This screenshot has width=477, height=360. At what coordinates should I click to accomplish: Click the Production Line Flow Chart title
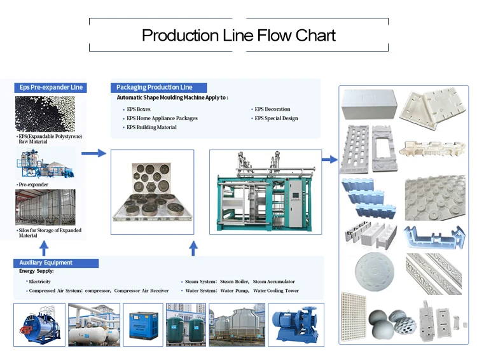pos(238,35)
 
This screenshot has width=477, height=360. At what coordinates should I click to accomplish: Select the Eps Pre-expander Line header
pos(50,87)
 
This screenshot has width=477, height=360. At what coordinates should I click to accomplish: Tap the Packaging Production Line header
pos(158,87)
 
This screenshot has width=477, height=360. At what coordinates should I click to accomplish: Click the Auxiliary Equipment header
pos(56,263)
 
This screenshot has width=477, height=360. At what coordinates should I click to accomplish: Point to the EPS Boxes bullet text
pos(139,109)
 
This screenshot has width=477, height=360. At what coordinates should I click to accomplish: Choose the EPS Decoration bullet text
pos(272,109)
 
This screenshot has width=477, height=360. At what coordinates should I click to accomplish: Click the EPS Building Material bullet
pos(151,127)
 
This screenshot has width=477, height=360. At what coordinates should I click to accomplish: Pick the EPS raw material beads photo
pos(45,114)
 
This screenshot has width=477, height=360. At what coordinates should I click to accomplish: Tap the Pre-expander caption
pos(34,184)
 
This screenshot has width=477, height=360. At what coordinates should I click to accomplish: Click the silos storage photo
pos(45,207)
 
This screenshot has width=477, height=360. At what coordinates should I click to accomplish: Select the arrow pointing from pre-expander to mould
pos(93,153)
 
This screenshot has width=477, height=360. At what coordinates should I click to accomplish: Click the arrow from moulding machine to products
pos(329,159)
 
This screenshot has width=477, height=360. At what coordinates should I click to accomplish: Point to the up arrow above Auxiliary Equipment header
pos(44,248)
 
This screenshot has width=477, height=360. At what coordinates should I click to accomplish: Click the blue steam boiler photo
pos(39,325)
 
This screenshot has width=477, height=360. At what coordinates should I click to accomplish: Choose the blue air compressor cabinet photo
pos(143,325)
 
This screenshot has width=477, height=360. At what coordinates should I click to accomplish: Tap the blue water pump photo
pos(296,325)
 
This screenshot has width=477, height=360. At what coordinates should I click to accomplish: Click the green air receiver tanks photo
pos(186,325)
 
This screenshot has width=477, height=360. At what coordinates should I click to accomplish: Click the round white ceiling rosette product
pos(375,272)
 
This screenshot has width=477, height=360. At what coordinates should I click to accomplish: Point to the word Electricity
pos(39,282)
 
